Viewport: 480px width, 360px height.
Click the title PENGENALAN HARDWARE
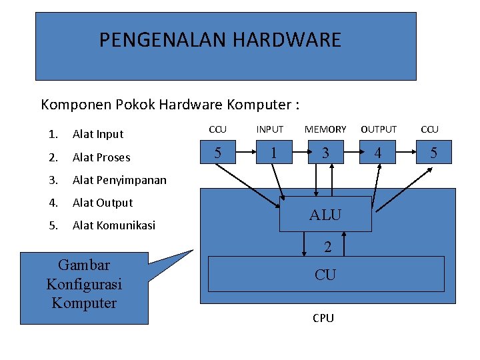coord(220,40)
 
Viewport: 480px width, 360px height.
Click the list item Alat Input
coord(98,134)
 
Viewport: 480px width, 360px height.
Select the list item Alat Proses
coord(101,157)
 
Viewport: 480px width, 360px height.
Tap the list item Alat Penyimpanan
coord(119,180)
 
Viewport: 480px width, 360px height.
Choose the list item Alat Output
coord(103,203)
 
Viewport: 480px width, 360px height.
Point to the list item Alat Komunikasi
coord(113,225)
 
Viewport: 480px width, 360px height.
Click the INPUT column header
coord(270,129)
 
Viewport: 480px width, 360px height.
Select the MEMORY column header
coord(325,129)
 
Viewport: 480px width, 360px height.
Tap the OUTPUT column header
coord(379,129)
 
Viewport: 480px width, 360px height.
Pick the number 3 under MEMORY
coord(325,153)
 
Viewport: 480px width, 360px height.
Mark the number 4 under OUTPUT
coord(378,153)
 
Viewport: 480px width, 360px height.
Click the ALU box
coord(325,215)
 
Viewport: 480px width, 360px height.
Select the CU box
coord(325,274)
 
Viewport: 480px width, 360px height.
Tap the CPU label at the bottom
coord(323,318)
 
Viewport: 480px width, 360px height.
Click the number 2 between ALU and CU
coord(327,247)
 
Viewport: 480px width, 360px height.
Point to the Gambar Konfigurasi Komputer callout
coord(84,284)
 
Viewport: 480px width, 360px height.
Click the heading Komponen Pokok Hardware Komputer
coord(170,105)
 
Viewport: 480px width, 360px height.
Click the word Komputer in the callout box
coord(84,303)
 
